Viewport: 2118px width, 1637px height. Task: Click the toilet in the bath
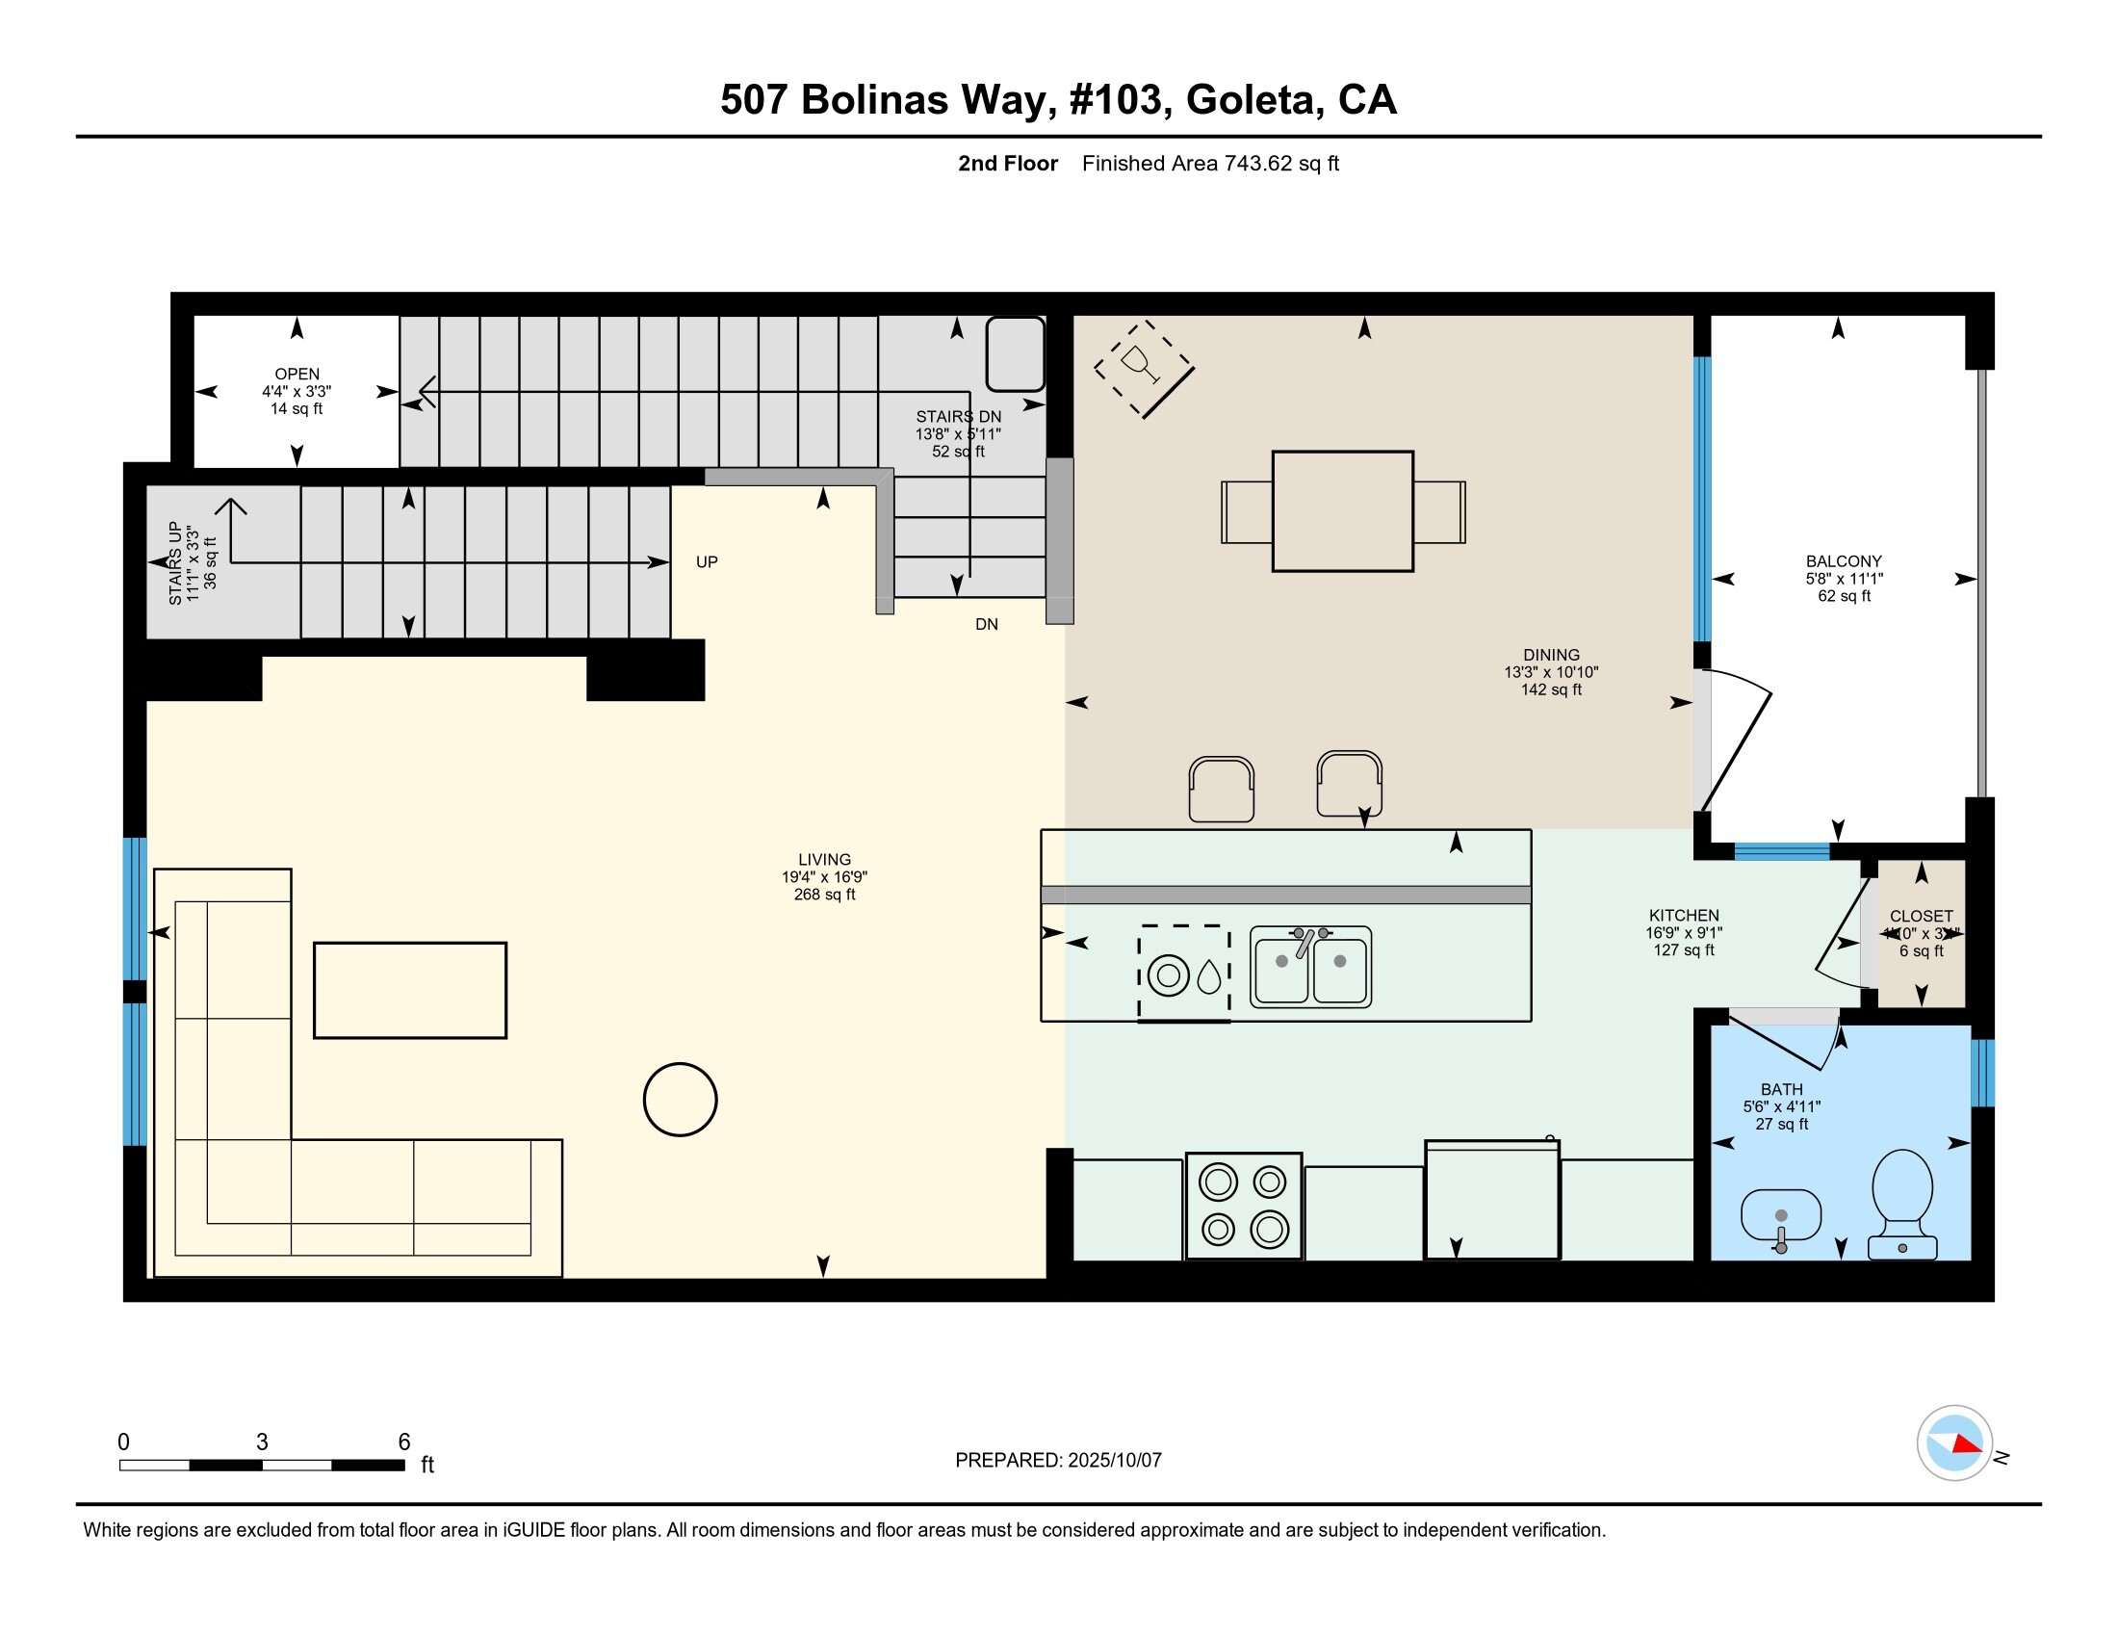pyautogui.click(x=1901, y=1202)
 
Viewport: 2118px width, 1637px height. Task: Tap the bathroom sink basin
pyautogui.click(x=1780, y=1214)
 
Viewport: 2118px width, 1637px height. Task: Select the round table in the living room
pyautogui.click(x=680, y=1099)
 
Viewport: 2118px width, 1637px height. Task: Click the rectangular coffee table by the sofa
pyautogui.click(x=409, y=990)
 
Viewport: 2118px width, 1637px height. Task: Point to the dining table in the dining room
pyautogui.click(x=1342, y=511)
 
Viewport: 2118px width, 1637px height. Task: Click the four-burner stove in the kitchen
pyautogui.click(x=1243, y=1206)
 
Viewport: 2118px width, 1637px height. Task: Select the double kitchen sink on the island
pyautogui.click(x=1310, y=966)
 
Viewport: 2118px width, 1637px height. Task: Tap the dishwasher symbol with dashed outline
pyautogui.click(x=1184, y=973)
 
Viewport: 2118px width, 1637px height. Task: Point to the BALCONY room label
pyautogui.click(x=1843, y=561)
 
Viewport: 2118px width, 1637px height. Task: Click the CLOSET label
pyautogui.click(x=1921, y=916)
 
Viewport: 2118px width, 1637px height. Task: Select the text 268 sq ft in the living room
pyautogui.click(x=824, y=895)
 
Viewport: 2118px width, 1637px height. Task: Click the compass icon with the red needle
pyautogui.click(x=1954, y=1443)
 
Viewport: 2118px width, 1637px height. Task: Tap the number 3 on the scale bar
pyautogui.click(x=262, y=1442)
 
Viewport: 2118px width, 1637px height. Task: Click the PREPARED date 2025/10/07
pyautogui.click(x=1113, y=1461)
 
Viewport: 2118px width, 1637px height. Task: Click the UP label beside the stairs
pyautogui.click(x=706, y=562)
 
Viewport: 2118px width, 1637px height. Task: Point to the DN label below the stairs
pyautogui.click(x=986, y=625)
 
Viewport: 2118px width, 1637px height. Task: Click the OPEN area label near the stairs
pyautogui.click(x=297, y=375)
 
